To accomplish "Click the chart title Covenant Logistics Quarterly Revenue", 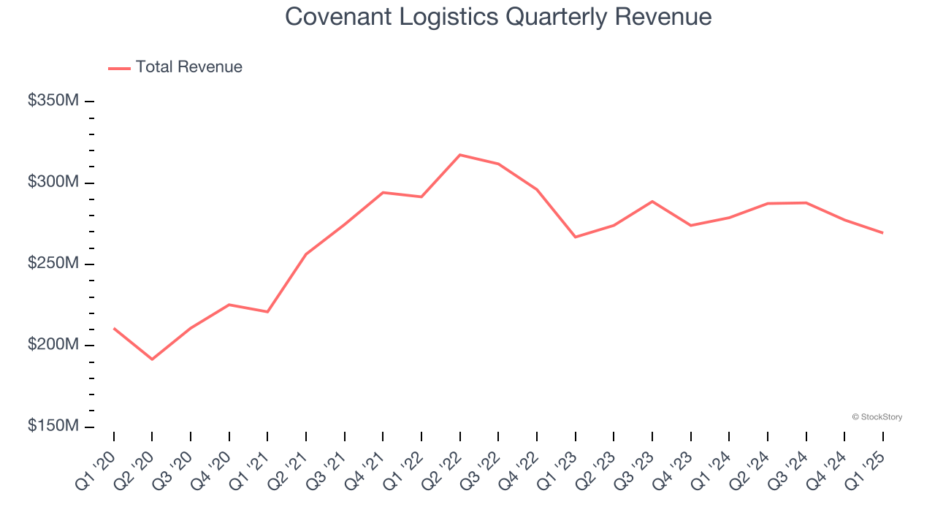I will point(498,16).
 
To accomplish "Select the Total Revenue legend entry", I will point(175,67).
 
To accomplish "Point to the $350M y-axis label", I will point(53,100).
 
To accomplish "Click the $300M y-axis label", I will point(53,182).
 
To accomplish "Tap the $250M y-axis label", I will point(53,263).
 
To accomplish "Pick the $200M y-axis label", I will point(53,345).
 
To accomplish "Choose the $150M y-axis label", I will point(53,426).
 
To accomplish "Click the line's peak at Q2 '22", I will point(460,155).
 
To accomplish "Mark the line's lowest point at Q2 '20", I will point(152,359).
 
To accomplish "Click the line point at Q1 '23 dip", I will point(576,237).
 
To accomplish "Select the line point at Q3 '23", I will point(652,201).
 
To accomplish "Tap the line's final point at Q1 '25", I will point(882,232).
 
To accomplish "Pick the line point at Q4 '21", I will point(383,192).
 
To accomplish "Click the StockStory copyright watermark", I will point(877,417).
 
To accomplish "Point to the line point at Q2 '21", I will point(306,254).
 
